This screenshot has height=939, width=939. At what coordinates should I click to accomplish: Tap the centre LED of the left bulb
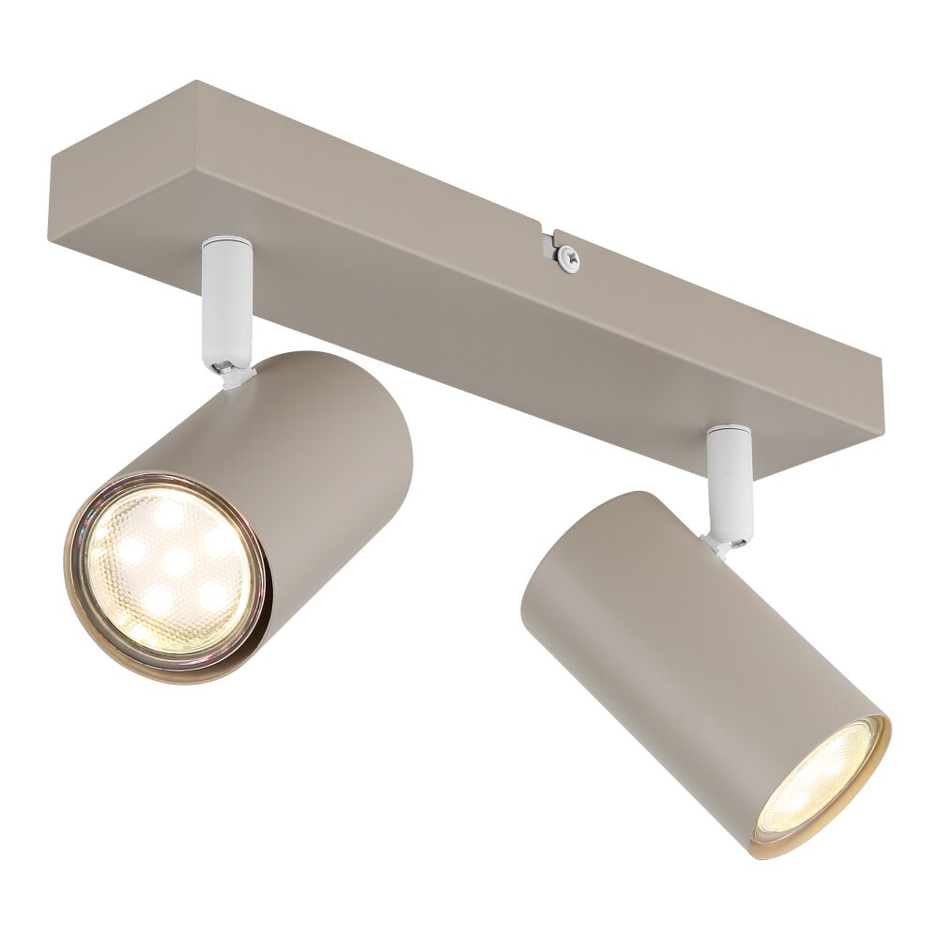(x=174, y=562)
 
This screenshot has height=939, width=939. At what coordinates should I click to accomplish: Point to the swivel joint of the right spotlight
(x=729, y=539)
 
